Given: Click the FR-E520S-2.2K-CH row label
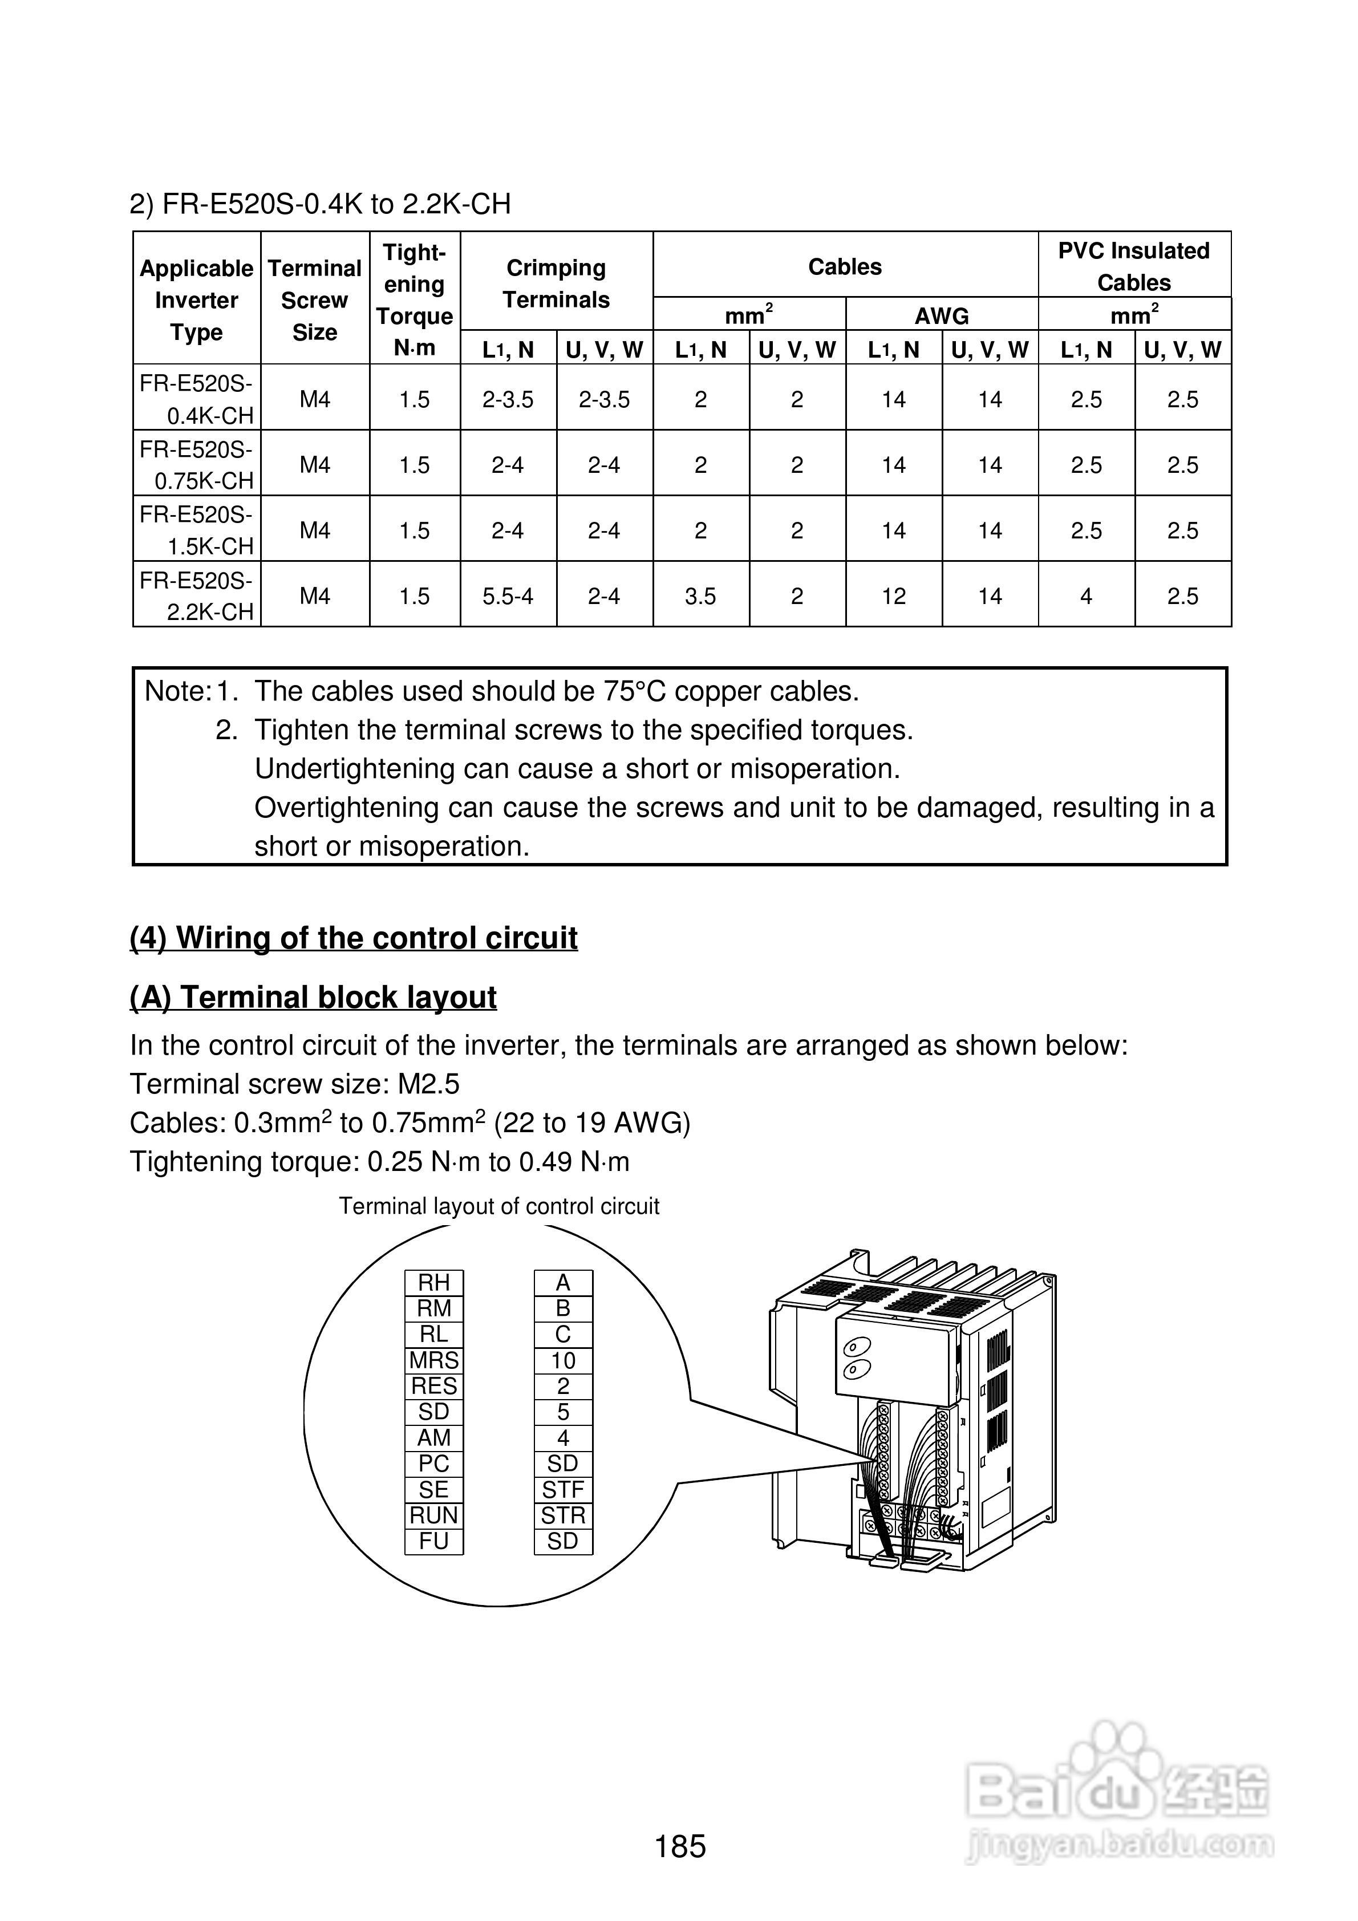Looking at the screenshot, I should [x=197, y=595].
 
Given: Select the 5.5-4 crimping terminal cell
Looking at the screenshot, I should [x=508, y=595].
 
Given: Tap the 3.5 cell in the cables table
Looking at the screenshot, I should [x=700, y=595].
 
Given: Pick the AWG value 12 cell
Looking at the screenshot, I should [x=894, y=595].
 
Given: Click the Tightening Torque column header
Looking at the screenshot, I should [x=414, y=299].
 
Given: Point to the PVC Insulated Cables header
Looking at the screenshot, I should [x=1134, y=266].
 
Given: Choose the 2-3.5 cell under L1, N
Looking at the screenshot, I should [x=508, y=399].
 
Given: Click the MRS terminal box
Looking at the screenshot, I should [x=433, y=1360].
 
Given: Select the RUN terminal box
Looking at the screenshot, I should [x=433, y=1515].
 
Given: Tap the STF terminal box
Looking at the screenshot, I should [x=563, y=1489].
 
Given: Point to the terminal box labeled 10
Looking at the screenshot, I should [x=563, y=1360].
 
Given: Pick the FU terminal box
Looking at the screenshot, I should [x=433, y=1541].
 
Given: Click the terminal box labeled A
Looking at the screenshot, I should [x=563, y=1283].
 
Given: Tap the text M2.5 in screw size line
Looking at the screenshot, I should [x=428, y=1084].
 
